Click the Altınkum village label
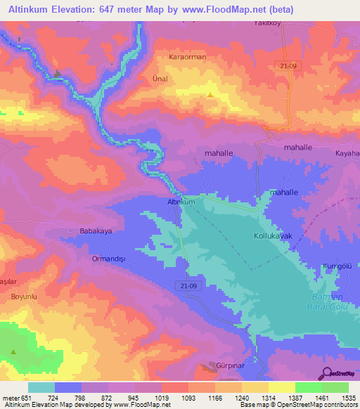(181, 202)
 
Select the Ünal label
(160, 79)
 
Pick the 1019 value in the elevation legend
(162, 398)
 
